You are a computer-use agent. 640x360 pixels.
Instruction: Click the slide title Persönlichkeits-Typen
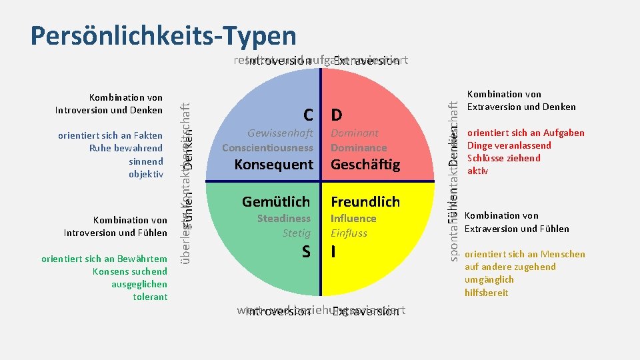point(163,35)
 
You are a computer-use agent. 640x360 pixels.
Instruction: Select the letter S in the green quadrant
point(306,251)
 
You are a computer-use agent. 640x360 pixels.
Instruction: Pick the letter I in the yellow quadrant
point(333,251)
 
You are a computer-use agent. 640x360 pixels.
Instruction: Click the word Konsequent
point(273,165)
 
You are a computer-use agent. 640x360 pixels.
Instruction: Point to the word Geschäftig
point(365,165)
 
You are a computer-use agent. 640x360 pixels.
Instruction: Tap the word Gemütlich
point(276,201)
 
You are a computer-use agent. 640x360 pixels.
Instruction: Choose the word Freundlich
point(365,201)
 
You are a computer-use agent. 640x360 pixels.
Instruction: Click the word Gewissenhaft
point(280,133)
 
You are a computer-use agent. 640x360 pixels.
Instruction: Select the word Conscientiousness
point(267,147)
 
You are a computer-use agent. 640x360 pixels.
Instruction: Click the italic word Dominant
point(355,133)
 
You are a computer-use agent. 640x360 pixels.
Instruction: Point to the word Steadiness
point(284,219)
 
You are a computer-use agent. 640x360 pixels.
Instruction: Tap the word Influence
point(353,219)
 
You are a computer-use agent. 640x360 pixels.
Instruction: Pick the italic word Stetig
point(297,233)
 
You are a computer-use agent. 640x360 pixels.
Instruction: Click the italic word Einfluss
point(349,233)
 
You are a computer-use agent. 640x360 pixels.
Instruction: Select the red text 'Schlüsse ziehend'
point(504,158)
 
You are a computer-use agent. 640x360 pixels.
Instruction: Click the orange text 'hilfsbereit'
point(487,293)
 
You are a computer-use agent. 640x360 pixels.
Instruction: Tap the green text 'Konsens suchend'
point(131,271)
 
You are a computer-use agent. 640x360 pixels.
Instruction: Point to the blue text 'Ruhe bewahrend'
point(126,148)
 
